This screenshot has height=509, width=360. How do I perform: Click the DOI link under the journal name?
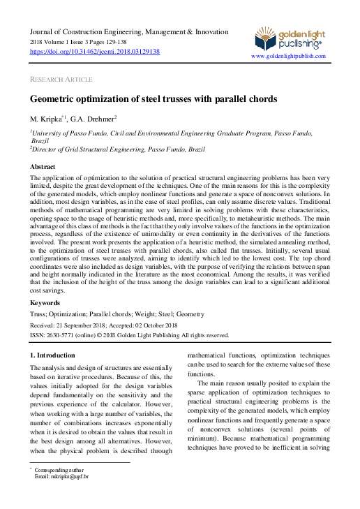pyautogui.click(x=95, y=52)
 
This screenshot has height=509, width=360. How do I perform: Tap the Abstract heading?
pyautogui.click(x=43, y=168)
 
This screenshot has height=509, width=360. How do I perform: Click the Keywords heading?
pyautogui.click(x=45, y=302)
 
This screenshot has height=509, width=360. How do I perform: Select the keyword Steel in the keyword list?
pyautogui.click(x=158, y=315)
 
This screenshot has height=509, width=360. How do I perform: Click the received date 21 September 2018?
pyautogui.click(x=93, y=325)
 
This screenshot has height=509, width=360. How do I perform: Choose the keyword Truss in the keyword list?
pyautogui.click(x=39, y=315)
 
